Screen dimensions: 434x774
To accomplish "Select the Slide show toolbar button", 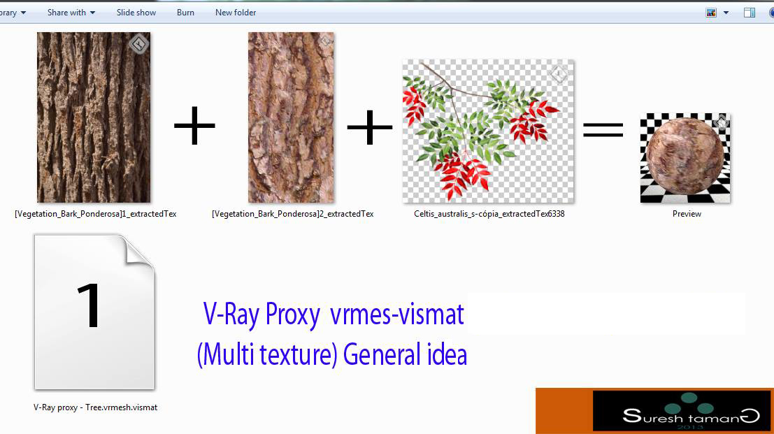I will [136, 13].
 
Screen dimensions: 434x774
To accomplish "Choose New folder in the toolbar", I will [236, 13].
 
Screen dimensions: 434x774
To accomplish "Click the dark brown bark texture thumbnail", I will [94, 117].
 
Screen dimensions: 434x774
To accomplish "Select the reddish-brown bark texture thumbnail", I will [292, 117].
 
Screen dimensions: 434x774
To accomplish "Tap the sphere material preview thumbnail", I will [685, 159].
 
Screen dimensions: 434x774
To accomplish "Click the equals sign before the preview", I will [603, 129].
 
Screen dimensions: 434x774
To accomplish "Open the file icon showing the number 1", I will [94, 312].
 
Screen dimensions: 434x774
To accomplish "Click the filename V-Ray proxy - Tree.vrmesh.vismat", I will [95, 407].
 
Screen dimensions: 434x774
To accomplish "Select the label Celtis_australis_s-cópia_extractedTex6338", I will [489, 214].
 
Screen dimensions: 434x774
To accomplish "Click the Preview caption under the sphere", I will [687, 214].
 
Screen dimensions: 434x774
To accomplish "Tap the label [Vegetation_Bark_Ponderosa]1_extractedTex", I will [95, 214].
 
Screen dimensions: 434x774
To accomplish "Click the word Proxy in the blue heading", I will [292, 315].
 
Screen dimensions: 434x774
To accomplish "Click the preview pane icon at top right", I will [750, 13].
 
